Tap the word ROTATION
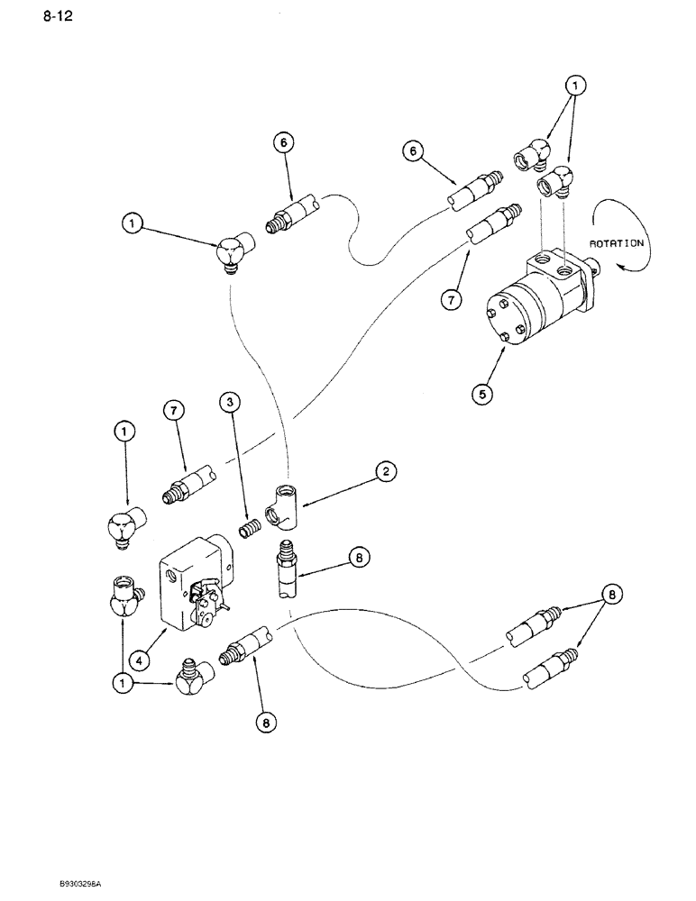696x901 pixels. tap(617, 242)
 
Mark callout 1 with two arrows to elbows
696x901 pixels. tap(575, 86)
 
